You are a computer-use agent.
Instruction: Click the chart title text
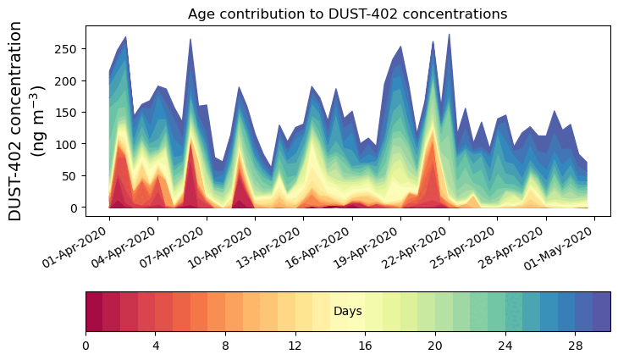coord(347,14)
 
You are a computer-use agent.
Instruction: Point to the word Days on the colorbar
coord(348,312)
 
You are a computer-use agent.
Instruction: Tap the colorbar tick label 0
coord(86,346)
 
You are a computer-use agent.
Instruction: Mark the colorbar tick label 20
coord(435,346)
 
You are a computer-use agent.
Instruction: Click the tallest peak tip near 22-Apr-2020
coord(449,35)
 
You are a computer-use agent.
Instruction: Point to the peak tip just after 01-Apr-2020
coord(125,37)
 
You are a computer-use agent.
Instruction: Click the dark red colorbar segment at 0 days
coord(94,312)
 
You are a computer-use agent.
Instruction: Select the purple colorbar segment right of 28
coord(601,312)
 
